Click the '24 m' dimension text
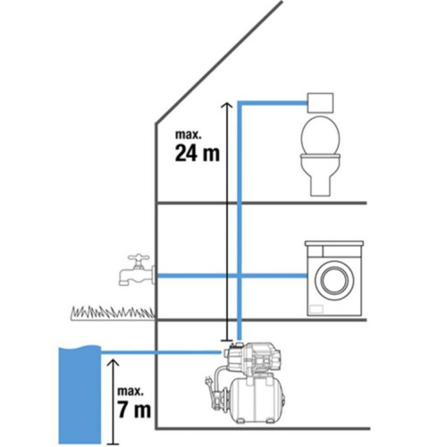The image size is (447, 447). click(198, 153)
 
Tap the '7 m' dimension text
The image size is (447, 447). click(134, 409)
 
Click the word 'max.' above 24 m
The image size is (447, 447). click(189, 134)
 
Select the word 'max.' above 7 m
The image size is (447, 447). click(131, 391)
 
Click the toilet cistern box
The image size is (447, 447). click(320, 103)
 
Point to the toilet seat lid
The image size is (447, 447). click(320, 135)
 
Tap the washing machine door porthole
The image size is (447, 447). click(334, 280)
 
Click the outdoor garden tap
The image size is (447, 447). click(137, 270)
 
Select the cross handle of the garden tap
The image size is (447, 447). click(139, 257)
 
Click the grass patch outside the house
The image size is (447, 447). click(113, 313)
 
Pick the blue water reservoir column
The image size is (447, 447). click(80, 394)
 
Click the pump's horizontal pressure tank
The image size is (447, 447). click(255, 400)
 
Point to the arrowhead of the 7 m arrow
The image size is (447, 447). click(113, 363)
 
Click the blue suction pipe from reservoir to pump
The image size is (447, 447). click(161, 352)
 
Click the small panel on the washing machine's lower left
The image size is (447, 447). click(316, 309)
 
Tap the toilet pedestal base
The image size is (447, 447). click(320, 184)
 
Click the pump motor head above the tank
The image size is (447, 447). click(252, 358)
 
